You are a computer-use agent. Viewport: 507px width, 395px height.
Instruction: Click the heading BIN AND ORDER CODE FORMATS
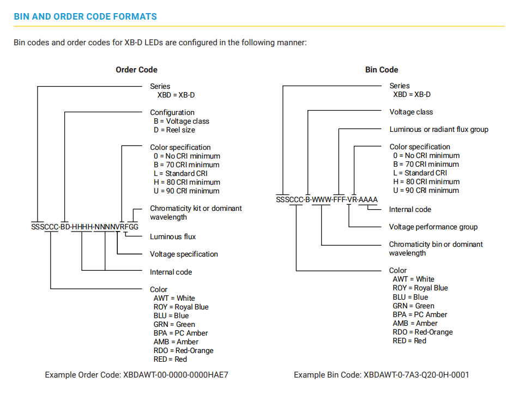tap(86, 16)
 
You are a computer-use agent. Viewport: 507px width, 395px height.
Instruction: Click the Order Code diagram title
tap(136, 70)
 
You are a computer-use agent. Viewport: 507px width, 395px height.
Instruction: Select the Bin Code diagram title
tap(382, 70)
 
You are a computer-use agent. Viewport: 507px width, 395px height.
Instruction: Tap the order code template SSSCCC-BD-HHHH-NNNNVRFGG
tap(84, 227)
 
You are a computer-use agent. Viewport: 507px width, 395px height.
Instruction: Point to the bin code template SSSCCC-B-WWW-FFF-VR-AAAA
tap(327, 200)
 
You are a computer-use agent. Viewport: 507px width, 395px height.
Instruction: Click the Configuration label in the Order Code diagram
tap(172, 112)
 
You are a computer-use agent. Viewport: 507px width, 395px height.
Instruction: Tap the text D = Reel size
tap(174, 130)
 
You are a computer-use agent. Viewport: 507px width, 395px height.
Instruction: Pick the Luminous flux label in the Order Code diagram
tap(173, 236)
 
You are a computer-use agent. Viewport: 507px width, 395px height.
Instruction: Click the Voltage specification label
tap(184, 254)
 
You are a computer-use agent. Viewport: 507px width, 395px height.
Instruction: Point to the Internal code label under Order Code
tap(171, 272)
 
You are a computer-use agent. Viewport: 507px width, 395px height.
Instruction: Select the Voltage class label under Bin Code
tap(411, 112)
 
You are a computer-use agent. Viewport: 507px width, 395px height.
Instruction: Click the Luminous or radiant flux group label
tap(439, 129)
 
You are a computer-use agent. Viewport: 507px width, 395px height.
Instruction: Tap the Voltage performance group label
tap(433, 227)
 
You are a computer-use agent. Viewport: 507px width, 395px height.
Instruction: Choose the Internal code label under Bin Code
tap(410, 209)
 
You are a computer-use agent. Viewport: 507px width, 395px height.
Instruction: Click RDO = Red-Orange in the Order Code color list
tap(184, 351)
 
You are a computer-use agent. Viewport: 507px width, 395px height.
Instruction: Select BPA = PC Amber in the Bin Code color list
tap(420, 314)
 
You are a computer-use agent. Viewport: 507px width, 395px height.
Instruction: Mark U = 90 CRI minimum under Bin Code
tap(426, 190)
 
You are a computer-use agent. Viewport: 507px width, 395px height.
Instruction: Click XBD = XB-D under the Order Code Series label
tap(176, 95)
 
